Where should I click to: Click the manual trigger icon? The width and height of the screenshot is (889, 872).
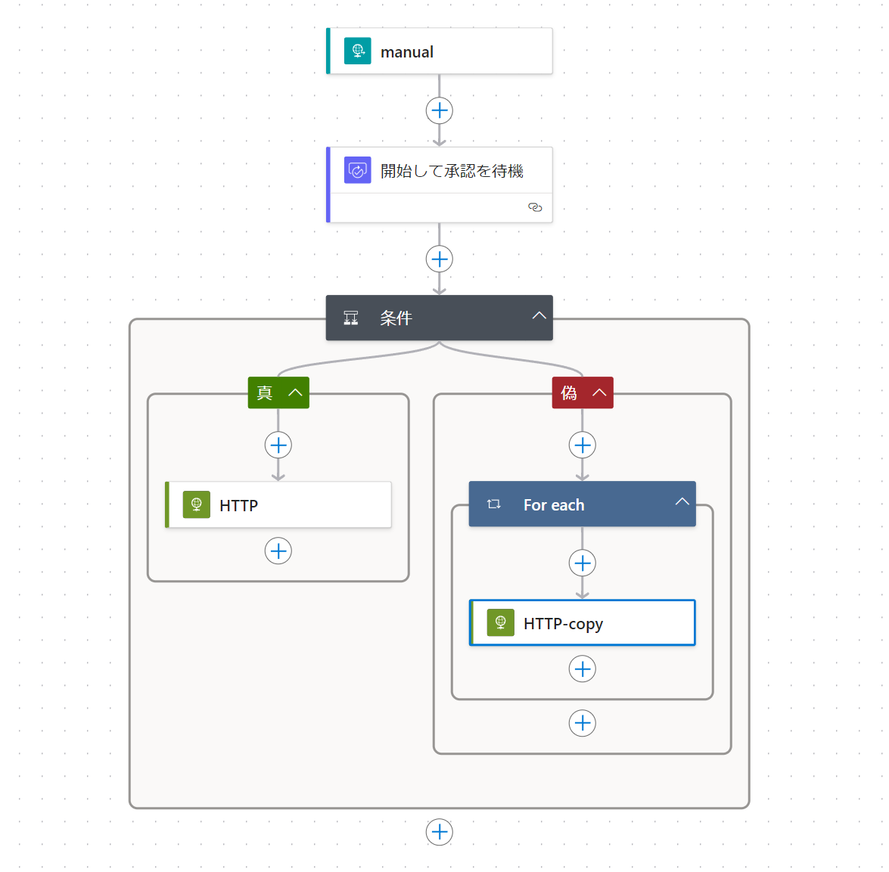pos(357,51)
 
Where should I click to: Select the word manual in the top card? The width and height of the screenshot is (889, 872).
pos(407,52)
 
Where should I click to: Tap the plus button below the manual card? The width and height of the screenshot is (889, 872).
pos(440,110)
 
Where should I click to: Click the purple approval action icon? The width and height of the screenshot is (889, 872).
pos(357,170)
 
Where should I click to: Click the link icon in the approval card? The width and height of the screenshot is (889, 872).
pos(535,207)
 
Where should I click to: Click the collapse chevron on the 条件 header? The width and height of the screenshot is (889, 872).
pos(539,316)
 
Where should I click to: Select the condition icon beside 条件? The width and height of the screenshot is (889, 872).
pos(351,318)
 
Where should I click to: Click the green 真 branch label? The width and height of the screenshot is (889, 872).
pos(264,393)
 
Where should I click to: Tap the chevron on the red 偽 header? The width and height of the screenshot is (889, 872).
pos(599,393)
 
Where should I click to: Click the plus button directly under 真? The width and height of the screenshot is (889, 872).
pos(278,445)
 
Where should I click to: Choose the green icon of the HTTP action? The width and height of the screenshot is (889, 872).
pos(197,504)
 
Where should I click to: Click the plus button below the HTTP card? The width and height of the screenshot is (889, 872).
pos(278,551)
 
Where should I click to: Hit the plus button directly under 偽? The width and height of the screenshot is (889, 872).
pos(583,445)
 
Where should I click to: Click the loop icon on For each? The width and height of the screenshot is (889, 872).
pos(494,504)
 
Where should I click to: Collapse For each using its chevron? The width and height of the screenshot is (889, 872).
pos(682,502)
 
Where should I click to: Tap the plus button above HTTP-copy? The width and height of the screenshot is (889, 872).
pos(583,563)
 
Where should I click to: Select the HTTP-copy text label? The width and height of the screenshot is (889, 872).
pos(563,624)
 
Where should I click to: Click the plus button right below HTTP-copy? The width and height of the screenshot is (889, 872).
pos(583,669)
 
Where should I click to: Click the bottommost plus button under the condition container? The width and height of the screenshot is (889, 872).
pos(440,832)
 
